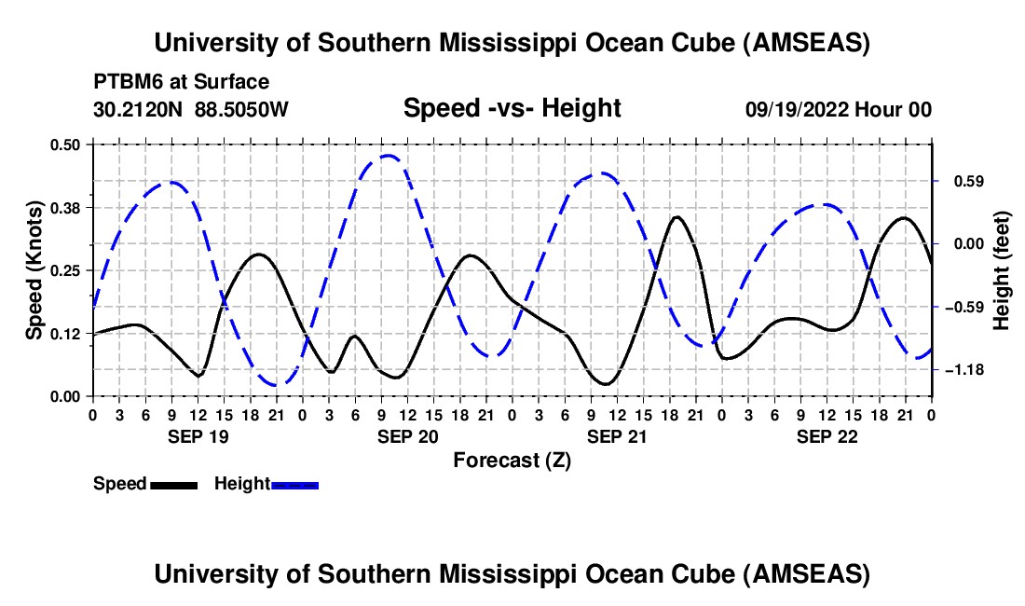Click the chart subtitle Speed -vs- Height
pyautogui.click(x=512, y=108)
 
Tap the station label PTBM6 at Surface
pyautogui.click(x=182, y=82)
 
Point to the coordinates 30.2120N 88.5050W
pyautogui.click(x=191, y=109)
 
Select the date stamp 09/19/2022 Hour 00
pyautogui.click(x=838, y=109)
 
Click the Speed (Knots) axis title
pyautogui.click(x=34, y=270)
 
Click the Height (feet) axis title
pyautogui.click(x=1002, y=270)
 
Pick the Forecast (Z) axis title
pyautogui.click(x=512, y=460)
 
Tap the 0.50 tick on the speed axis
pyautogui.click(x=65, y=145)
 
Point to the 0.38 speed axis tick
pyautogui.click(x=65, y=207)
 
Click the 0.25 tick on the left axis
pyautogui.click(x=65, y=270)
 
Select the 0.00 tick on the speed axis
pyautogui.click(x=65, y=396)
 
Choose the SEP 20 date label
pyautogui.click(x=406, y=436)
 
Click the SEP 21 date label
pyautogui.click(x=616, y=436)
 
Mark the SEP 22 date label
pyautogui.click(x=827, y=436)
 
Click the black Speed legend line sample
pyautogui.click(x=173, y=484)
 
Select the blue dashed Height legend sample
pyautogui.click(x=295, y=484)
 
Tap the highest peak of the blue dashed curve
pyautogui.click(x=389, y=156)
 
